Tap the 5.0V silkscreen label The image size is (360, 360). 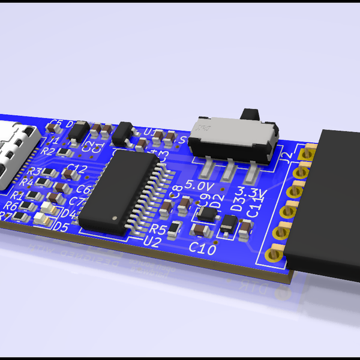[198, 185]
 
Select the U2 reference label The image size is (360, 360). [153, 241]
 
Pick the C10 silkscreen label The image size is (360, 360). [202, 247]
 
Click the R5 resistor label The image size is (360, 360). [158, 229]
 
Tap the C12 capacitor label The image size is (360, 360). [77, 168]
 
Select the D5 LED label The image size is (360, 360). [61, 227]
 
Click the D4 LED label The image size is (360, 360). [70, 214]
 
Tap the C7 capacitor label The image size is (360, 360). [79, 201]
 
